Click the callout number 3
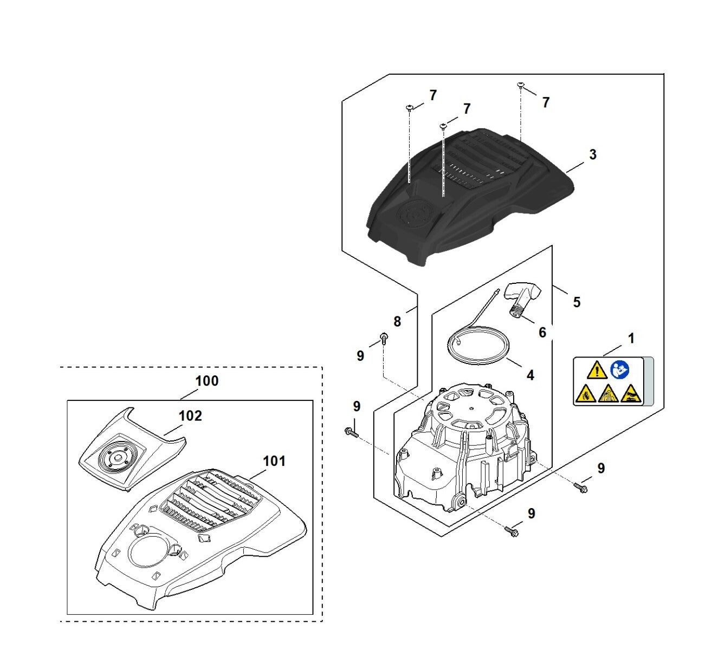(593, 154)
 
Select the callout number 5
(577, 302)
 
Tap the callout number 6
(542, 333)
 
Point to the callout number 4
(530, 375)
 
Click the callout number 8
(397, 321)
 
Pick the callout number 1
(631, 338)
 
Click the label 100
(207, 381)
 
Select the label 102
(190, 415)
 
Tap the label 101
(274, 461)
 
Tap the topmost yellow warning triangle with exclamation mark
(597, 371)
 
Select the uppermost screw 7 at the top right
(521, 86)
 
